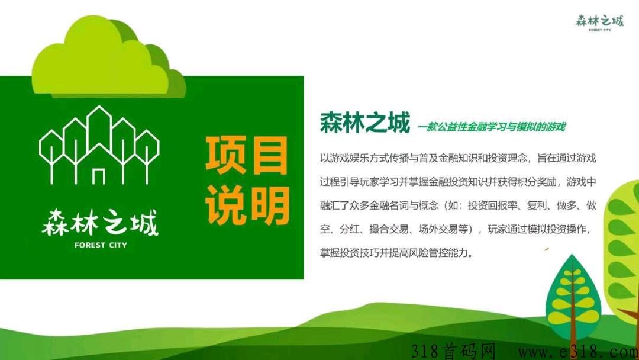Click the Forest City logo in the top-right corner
click(599, 22)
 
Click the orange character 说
click(225, 205)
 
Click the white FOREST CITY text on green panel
click(101, 245)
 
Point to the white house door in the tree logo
click(99, 176)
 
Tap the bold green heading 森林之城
click(364, 123)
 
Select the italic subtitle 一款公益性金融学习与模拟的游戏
click(492, 127)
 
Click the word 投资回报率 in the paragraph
click(492, 205)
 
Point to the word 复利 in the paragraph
click(537, 205)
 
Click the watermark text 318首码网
click(453, 351)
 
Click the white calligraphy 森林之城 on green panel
click(100, 223)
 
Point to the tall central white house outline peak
click(99, 107)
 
